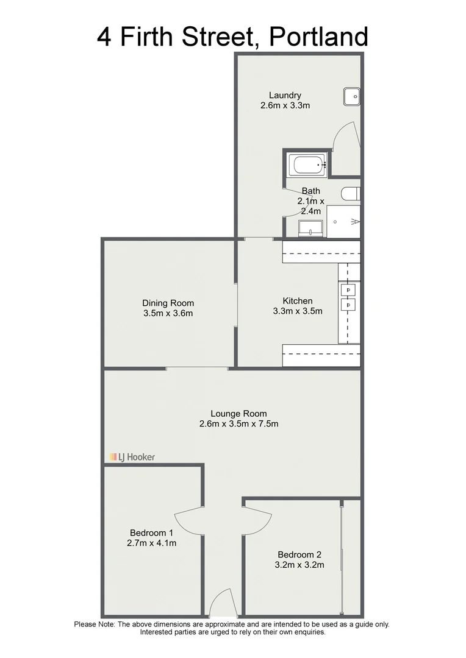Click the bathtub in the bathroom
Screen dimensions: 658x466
click(x=307, y=164)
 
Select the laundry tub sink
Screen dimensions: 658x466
click(x=351, y=96)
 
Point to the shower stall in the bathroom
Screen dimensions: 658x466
click(x=344, y=221)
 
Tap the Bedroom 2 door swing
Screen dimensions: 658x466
click(x=257, y=520)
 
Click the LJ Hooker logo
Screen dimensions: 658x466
click(x=132, y=456)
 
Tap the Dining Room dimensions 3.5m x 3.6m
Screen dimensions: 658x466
click(x=168, y=314)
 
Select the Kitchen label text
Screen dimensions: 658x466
click(x=298, y=301)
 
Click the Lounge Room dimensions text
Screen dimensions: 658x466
click(x=238, y=424)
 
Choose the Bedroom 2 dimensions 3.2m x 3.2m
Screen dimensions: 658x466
click(x=299, y=565)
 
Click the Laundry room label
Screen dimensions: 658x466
click(x=285, y=95)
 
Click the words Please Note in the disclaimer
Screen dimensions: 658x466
click(x=95, y=624)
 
